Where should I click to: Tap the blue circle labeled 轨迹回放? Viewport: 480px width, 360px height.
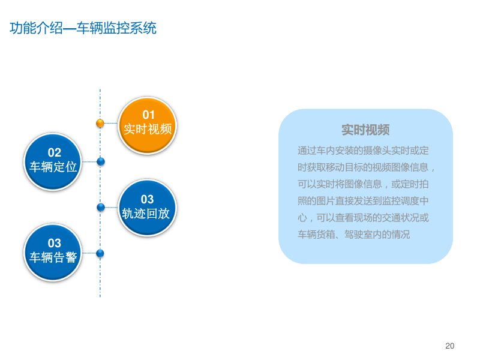click(147, 208)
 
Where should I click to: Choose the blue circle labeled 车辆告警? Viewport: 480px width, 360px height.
click(53, 253)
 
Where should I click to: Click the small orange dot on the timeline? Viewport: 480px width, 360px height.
click(100, 123)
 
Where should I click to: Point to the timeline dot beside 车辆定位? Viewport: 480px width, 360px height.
click(101, 161)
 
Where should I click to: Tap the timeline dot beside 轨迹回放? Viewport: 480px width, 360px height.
click(101, 207)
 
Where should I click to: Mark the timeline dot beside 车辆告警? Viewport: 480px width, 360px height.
click(100, 253)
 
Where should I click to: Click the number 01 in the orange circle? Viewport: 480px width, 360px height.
click(148, 115)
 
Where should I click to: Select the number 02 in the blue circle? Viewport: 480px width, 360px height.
click(55, 153)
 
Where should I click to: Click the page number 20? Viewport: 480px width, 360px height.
click(450, 346)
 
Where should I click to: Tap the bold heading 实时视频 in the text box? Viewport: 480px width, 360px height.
click(365, 130)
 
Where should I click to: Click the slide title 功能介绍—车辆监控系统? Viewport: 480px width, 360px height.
click(83, 28)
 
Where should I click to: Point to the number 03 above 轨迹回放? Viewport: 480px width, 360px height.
click(147, 199)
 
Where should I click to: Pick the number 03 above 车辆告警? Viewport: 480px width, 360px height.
click(55, 243)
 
